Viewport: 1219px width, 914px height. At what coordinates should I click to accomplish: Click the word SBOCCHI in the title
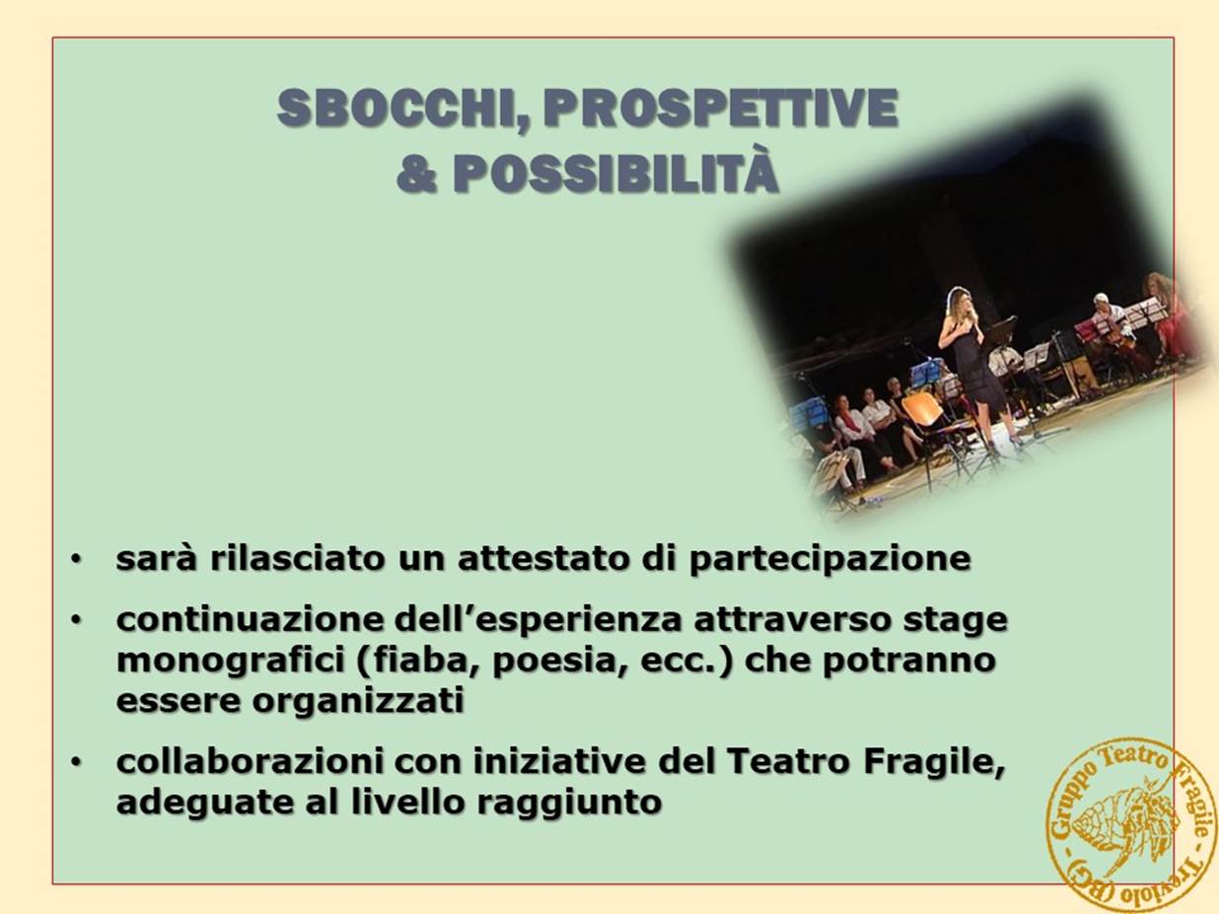[396, 108]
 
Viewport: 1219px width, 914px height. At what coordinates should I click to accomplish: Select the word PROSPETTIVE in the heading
[720, 107]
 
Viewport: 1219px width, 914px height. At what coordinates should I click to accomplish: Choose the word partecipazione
[829, 560]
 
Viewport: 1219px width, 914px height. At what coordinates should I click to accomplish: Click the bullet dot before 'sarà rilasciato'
[76, 560]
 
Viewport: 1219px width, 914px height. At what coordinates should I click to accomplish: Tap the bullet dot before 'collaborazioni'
[76, 763]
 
